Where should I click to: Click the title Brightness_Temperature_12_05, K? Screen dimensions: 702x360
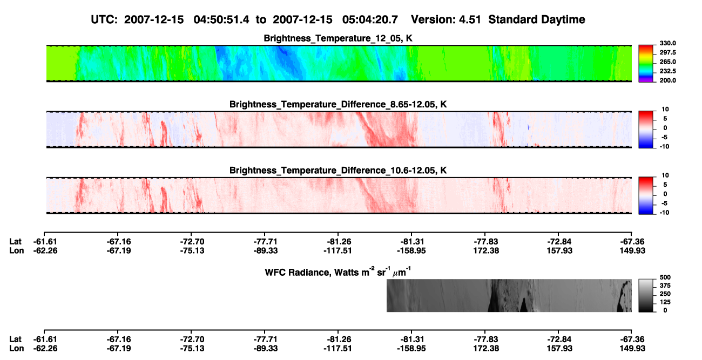(338, 38)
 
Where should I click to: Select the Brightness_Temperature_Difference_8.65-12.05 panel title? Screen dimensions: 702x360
(338, 104)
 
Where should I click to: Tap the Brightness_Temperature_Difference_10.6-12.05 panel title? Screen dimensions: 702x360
(338, 171)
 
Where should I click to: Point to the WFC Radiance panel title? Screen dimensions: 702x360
(338, 272)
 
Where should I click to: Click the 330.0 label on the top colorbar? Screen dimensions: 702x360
(667, 43)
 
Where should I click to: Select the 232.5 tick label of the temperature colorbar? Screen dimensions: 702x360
(667, 71)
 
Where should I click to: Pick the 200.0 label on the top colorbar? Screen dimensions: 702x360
(667, 80)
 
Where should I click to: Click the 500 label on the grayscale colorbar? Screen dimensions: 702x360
(665, 277)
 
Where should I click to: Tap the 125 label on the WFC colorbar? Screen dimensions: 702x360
(665, 302)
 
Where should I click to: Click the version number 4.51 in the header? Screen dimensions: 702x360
(469, 20)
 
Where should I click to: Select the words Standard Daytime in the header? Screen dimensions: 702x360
(537, 20)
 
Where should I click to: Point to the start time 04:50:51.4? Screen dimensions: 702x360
(221, 20)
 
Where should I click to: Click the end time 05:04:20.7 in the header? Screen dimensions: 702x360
(370, 20)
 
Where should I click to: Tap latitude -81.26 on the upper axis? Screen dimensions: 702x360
(339, 242)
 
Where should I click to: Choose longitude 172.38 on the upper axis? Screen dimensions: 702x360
(486, 250)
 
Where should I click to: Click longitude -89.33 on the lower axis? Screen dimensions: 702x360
(266, 349)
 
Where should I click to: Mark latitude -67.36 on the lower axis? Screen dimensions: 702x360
(632, 339)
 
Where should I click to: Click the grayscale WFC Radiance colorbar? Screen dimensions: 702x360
(646, 295)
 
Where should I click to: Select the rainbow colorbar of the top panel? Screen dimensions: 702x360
(646, 64)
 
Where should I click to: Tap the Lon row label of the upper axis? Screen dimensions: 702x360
(16, 250)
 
